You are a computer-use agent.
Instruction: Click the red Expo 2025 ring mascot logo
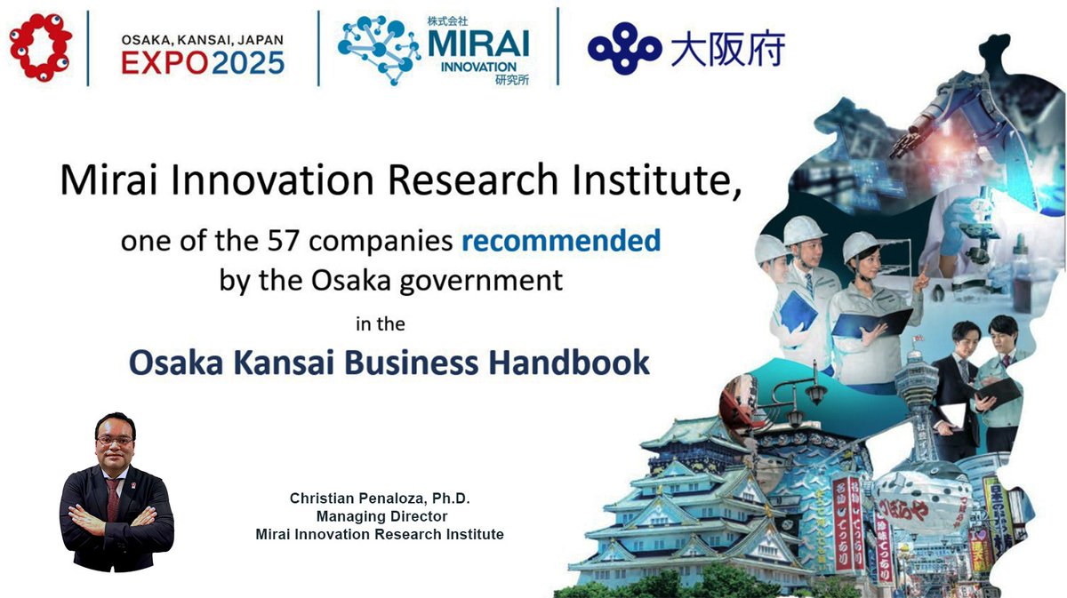click(40, 48)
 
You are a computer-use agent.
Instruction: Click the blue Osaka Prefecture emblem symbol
click(623, 49)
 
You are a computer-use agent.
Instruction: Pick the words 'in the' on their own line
click(380, 324)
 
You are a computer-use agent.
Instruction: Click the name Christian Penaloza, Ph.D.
click(380, 498)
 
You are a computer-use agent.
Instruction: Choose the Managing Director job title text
click(380, 516)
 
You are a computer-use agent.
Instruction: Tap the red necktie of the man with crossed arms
click(112, 498)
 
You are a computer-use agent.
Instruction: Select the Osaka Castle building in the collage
click(676, 498)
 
